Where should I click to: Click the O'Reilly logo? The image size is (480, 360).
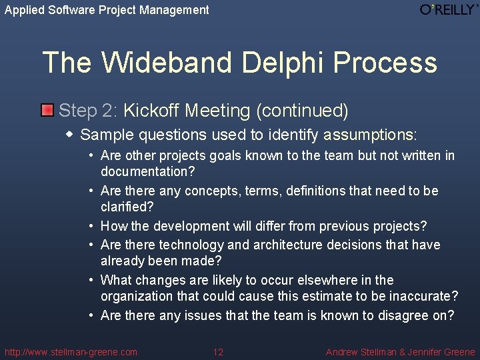click(449, 10)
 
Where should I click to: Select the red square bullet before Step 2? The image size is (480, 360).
click(47, 109)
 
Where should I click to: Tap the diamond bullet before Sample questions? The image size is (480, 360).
click(70, 134)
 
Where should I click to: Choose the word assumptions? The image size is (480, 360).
click(370, 135)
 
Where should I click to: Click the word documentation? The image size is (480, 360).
click(147, 171)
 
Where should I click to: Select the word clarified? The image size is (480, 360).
click(127, 207)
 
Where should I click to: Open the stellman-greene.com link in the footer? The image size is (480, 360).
click(71, 352)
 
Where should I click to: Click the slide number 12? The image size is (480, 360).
click(218, 352)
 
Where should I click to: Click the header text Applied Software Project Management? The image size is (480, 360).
click(107, 10)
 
